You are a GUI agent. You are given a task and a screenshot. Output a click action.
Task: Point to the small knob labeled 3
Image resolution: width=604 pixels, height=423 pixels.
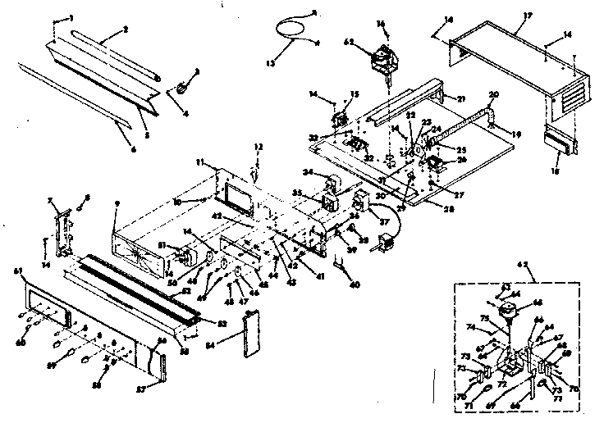click(x=181, y=87)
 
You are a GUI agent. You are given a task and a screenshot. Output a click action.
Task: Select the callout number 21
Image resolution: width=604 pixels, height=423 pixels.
click(x=461, y=99)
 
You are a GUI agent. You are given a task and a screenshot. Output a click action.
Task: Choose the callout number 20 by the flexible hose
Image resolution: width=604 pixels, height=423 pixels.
click(x=493, y=93)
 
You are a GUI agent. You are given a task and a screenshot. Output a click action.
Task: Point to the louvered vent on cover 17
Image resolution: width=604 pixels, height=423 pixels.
click(x=565, y=99)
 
